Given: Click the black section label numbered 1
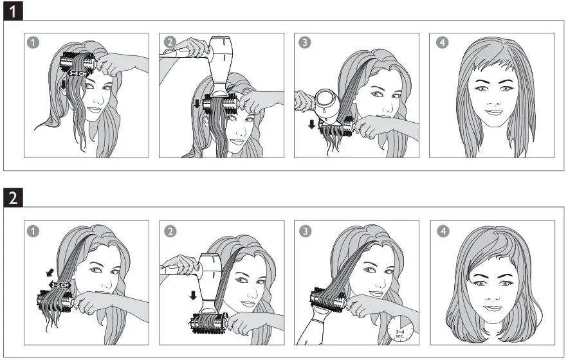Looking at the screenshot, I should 12,11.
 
